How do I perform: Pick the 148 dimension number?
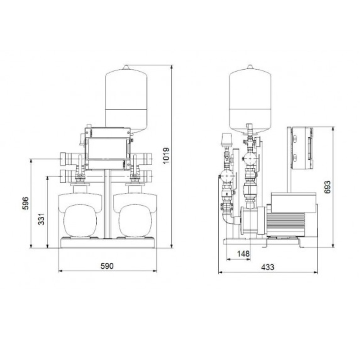[243, 254]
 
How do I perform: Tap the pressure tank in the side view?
[250, 97]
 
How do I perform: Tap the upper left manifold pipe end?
[63, 159]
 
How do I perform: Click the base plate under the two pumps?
[107, 243]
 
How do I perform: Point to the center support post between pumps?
[107, 202]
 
